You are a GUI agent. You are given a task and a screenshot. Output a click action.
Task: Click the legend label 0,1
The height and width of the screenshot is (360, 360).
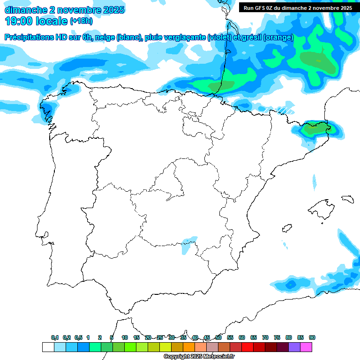(x=55, y=337)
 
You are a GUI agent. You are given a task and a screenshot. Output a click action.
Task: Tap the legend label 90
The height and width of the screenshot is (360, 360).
(x=312, y=337)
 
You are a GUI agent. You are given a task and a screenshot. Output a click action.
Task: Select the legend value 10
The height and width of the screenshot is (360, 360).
(x=125, y=337)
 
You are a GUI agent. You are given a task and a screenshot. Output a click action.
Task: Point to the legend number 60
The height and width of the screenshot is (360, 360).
(x=242, y=337)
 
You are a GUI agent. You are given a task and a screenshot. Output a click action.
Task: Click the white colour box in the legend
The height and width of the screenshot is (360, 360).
(x=48, y=347)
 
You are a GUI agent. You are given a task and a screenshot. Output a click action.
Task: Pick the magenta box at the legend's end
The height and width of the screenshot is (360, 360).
(x=306, y=347)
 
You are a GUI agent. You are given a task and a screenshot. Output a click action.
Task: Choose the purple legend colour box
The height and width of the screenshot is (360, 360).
(x=294, y=347)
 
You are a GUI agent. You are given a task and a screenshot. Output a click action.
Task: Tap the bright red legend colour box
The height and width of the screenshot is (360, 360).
(x=247, y=347)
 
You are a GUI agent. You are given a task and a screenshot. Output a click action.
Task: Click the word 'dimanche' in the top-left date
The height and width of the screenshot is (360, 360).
(x=23, y=10)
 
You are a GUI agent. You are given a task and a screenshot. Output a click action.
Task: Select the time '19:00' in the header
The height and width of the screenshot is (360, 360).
(x=19, y=21)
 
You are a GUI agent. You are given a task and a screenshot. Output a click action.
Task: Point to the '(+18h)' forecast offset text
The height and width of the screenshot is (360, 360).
(x=81, y=21)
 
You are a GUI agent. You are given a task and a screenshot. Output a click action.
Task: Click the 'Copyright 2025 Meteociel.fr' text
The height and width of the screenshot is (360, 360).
(x=199, y=357)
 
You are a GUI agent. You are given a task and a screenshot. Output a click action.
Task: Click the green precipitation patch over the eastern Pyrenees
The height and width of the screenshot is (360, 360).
(x=315, y=128)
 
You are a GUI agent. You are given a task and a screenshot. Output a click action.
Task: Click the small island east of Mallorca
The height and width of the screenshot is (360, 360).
(x=347, y=199)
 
